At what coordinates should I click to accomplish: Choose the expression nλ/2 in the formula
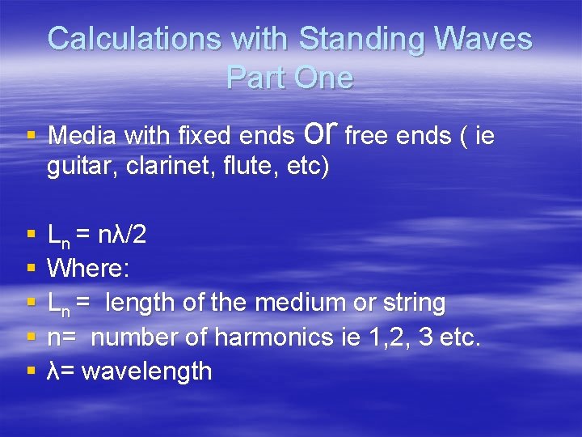[x=121, y=235]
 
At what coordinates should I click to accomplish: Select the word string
[x=413, y=303]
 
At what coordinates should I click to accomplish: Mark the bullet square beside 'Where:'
[x=31, y=269]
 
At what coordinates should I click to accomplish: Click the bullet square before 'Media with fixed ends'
[x=31, y=136]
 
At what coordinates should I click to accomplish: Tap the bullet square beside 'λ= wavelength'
[x=31, y=371]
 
